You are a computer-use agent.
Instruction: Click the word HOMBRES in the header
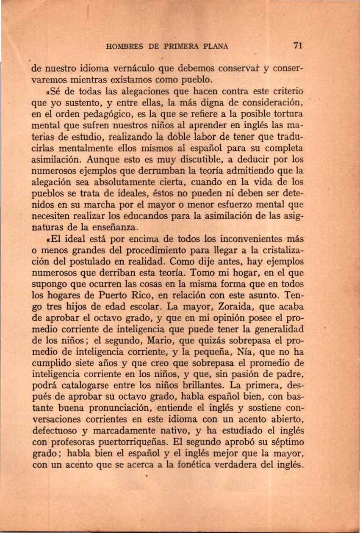click(x=126, y=47)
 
